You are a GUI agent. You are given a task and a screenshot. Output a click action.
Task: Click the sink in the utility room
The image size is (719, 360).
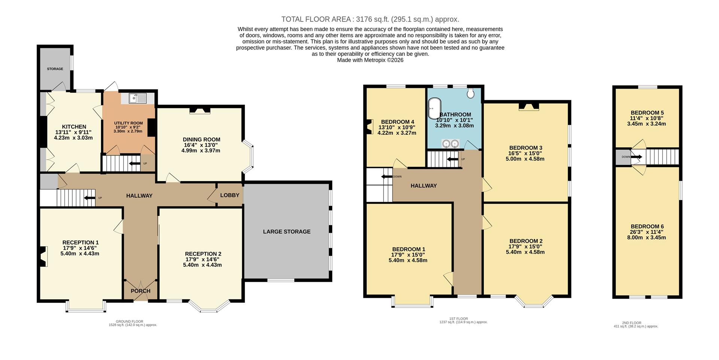[137, 98]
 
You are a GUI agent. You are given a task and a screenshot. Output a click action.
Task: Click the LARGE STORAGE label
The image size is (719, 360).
[286, 232]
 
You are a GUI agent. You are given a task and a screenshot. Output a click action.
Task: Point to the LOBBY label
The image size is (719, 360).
[230, 195]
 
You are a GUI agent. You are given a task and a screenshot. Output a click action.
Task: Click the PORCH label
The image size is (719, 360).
[140, 291]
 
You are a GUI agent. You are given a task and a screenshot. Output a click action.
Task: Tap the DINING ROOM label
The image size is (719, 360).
[201, 140]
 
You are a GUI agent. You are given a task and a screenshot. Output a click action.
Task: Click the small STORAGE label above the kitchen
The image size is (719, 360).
[55, 69]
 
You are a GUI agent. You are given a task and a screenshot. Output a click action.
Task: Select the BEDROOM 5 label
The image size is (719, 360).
[647, 113]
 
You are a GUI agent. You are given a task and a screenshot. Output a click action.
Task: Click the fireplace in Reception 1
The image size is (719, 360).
[42, 256]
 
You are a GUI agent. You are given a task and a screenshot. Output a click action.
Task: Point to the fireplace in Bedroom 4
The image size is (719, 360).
[369, 126]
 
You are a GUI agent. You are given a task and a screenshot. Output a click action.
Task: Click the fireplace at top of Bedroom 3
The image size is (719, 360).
[529, 107]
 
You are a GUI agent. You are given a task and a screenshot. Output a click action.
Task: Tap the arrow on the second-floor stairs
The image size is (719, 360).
[637, 157]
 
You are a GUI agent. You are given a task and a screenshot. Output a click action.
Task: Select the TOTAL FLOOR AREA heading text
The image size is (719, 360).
[370, 19]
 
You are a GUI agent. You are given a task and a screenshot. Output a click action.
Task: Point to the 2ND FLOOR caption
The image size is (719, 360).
[631, 323]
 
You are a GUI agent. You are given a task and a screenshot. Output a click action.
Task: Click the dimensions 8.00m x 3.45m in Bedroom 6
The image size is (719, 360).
[647, 237]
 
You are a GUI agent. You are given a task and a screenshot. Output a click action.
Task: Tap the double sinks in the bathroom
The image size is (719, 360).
[450, 143]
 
